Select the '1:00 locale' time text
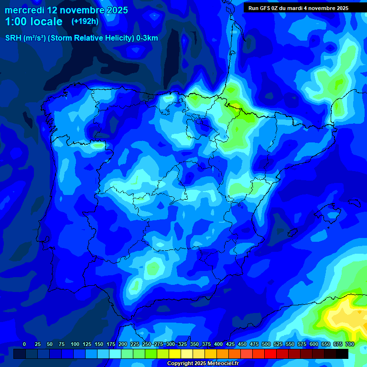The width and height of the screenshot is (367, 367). pyautogui.click(x=33, y=22)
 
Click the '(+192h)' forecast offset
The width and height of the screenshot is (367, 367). pyautogui.click(x=85, y=22)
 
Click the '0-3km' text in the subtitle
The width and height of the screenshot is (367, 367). pyautogui.click(x=147, y=38)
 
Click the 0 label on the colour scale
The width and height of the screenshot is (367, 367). pyautogui.click(x=24, y=344)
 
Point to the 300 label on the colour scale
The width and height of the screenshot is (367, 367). pyautogui.click(x=171, y=344)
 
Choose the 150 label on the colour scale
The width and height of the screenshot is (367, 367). pyautogui.click(x=99, y=344)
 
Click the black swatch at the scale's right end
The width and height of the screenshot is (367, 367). pyautogui.click(x=342, y=354)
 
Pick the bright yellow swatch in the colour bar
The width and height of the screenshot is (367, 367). pyautogui.click(x=175, y=354)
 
